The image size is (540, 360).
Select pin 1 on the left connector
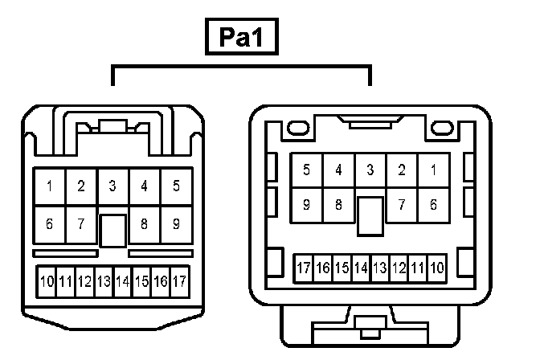pyautogui.click(x=49, y=186)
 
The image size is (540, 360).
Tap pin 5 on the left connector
pyautogui.click(x=176, y=186)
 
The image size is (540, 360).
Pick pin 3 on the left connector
pyautogui.click(x=112, y=186)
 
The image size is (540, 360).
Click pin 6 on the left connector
pyautogui.click(x=49, y=223)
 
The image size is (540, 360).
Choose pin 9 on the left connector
pyautogui.click(x=176, y=223)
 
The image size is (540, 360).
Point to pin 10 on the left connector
pyautogui.click(x=47, y=281)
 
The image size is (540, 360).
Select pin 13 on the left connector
pyautogui.click(x=104, y=281)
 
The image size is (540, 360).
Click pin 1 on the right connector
pyautogui.click(x=433, y=170)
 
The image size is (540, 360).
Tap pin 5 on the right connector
pyautogui.click(x=306, y=170)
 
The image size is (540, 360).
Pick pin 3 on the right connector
pyautogui.click(x=370, y=170)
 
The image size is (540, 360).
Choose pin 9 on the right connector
pyautogui.click(x=306, y=205)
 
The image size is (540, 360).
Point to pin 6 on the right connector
pyautogui.click(x=433, y=205)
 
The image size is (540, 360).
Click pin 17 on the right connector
pyautogui.click(x=303, y=267)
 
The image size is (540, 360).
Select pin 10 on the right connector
pyautogui.click(x=437, y=267)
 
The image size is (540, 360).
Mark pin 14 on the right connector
pyautogui.click(x=361, y=267)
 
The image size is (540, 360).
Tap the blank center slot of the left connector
pyautogui.click(x=112, y=230)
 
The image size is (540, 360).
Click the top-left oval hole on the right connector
pyautogui.click(x=298, y=128)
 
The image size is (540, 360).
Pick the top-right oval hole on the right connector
pyautogui.click(x=441, y=128)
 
